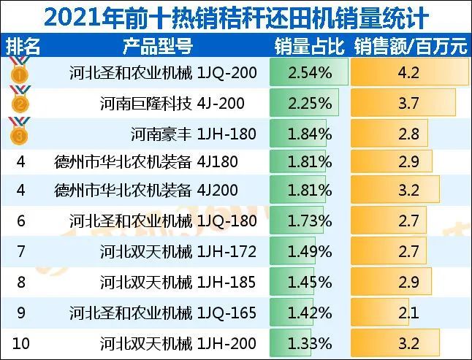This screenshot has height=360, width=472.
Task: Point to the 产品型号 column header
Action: click(159, 47)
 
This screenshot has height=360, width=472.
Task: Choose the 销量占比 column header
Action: click(308, 47)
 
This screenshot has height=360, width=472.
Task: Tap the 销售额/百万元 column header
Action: click(410, 47)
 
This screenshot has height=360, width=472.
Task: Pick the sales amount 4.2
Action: click(409, 73)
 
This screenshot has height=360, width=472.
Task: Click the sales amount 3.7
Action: click(409, 104)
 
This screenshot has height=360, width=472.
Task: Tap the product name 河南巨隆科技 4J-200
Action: click(178, 104)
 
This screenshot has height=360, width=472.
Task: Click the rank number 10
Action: click(20, 342)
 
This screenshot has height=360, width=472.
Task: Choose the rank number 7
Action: click(20, 252)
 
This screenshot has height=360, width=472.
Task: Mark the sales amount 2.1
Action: click(409, 313)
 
